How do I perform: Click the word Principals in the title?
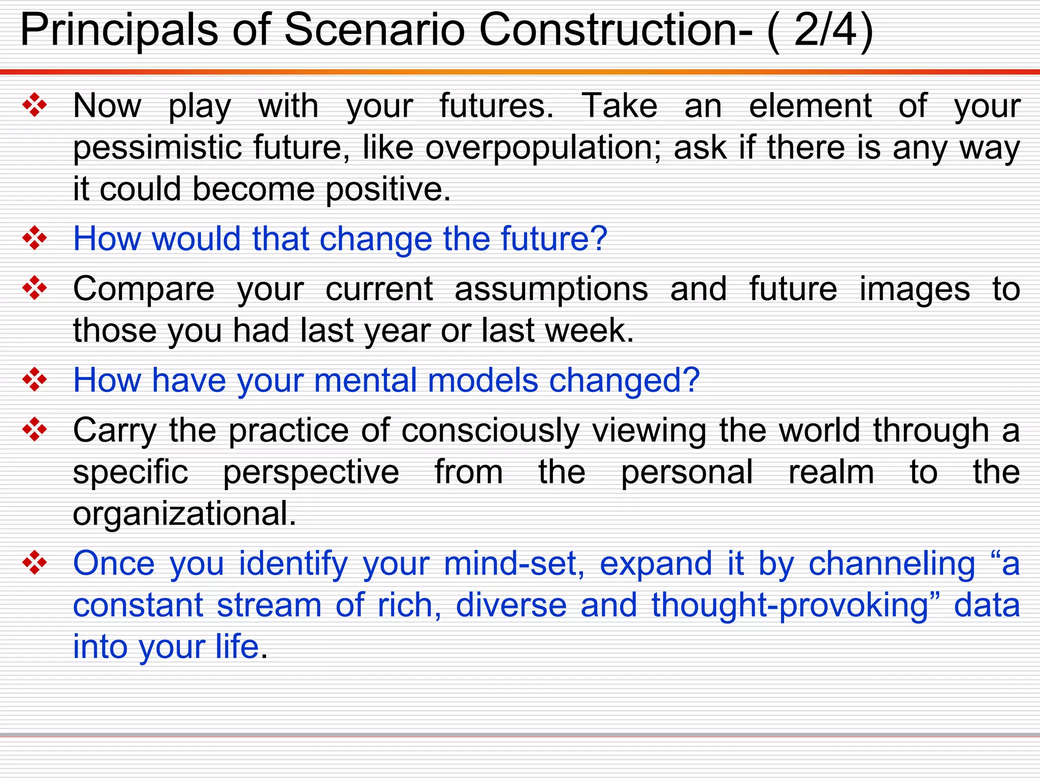(119, 30)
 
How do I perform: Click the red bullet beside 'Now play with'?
(35, 106)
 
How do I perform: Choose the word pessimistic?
(157, 148)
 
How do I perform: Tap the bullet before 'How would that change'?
(35, 238)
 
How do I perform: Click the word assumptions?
(551, 289)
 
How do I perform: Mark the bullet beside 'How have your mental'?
(35, 380)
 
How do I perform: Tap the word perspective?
(311, 473)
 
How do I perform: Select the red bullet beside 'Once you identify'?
(35, 563)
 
